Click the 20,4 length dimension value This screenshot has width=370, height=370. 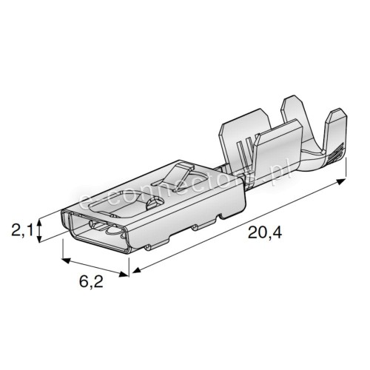tap(265, 232)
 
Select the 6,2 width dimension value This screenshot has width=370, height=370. tap(91, 281)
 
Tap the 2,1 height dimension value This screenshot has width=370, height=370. tap(21, 230)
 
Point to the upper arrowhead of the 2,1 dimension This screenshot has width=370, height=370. tap(38, 223)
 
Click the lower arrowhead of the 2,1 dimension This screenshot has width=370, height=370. tap(38, 238)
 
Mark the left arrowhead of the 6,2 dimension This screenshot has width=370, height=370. tap(67, 260)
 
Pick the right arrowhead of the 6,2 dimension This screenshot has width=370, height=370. tap(124, 275)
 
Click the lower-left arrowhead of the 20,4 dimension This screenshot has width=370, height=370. tap(136, 270)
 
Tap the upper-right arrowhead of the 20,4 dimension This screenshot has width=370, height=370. tap(341, 182)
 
